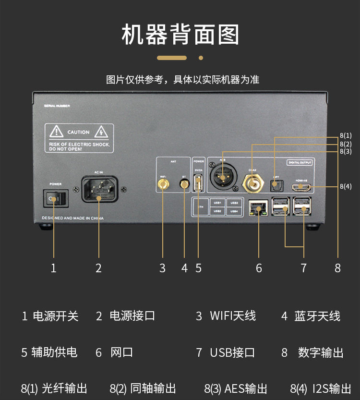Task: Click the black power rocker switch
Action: (53, 197)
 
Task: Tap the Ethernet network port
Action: (258, 208)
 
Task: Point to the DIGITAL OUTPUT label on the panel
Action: (300, 162)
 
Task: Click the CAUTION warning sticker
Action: (79, 138)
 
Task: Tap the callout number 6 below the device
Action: (259, 268)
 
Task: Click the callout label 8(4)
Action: (346, 186)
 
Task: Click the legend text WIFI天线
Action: (232, 315)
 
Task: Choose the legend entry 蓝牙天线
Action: (317, 315)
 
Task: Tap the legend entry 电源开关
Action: (55, 315)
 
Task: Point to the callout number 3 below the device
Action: (162, 268)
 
